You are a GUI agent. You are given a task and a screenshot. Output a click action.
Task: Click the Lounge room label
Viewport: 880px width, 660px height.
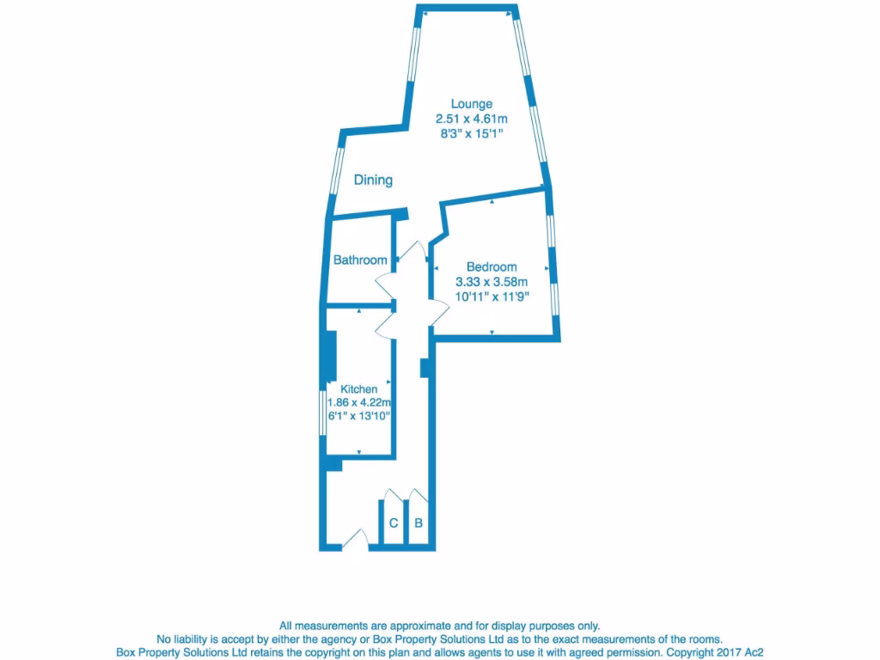point(472,104)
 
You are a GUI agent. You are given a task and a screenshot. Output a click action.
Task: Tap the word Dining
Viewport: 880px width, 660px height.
point(373,180)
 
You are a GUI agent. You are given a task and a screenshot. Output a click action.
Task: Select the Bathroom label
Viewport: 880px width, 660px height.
point(360,260)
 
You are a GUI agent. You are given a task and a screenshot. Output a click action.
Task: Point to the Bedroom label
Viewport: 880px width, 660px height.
point(492,266)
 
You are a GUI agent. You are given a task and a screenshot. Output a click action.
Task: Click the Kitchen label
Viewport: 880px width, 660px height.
point(358,389)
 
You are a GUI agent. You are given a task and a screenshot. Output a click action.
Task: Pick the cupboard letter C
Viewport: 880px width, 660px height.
point(394,522)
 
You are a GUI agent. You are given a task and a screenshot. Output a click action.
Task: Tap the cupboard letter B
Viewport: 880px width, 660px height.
point(419,522)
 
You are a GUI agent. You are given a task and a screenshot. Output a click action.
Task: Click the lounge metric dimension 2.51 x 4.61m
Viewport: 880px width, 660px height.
point(472,119)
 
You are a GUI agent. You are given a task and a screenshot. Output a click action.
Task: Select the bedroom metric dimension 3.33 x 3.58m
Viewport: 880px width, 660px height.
point(492,282)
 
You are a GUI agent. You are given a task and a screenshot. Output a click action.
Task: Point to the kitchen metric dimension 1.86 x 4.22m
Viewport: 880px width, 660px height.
point(358,402)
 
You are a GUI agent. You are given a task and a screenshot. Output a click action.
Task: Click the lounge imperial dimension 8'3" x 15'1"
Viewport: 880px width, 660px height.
point(472,134)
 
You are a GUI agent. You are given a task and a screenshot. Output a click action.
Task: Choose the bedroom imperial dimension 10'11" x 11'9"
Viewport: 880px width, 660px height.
point(492,297)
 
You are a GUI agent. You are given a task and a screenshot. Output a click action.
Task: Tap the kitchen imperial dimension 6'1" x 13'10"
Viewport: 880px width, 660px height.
point(358,416)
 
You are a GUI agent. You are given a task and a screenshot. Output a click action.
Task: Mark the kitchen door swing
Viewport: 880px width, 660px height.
point(385,323)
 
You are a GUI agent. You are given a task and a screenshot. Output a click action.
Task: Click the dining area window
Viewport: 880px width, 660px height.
point(337,172)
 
